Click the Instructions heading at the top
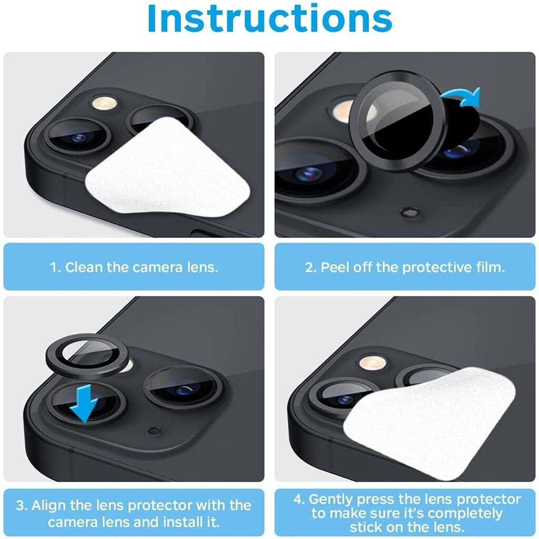pyautogui.click(x=270, y=18)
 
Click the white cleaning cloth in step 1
pyautogui.click(x=168, y=167)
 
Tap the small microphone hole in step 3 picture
pyautogui.click(x=154, y=431)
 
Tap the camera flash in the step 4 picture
pyautogui.click(x=373, y=363)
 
